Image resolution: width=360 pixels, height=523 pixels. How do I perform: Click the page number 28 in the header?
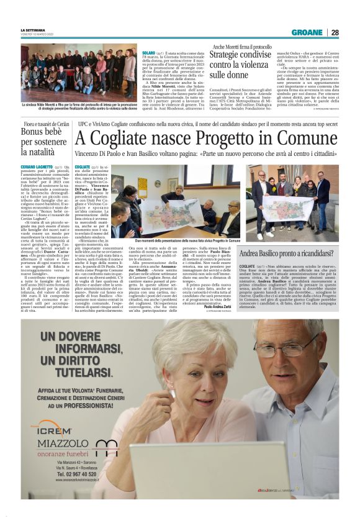[x=335, y=32]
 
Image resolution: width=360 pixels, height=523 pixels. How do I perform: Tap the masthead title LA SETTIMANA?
[x=34, y=30]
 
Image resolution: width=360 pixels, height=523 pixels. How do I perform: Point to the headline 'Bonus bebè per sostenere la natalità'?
[x=40, y=148]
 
